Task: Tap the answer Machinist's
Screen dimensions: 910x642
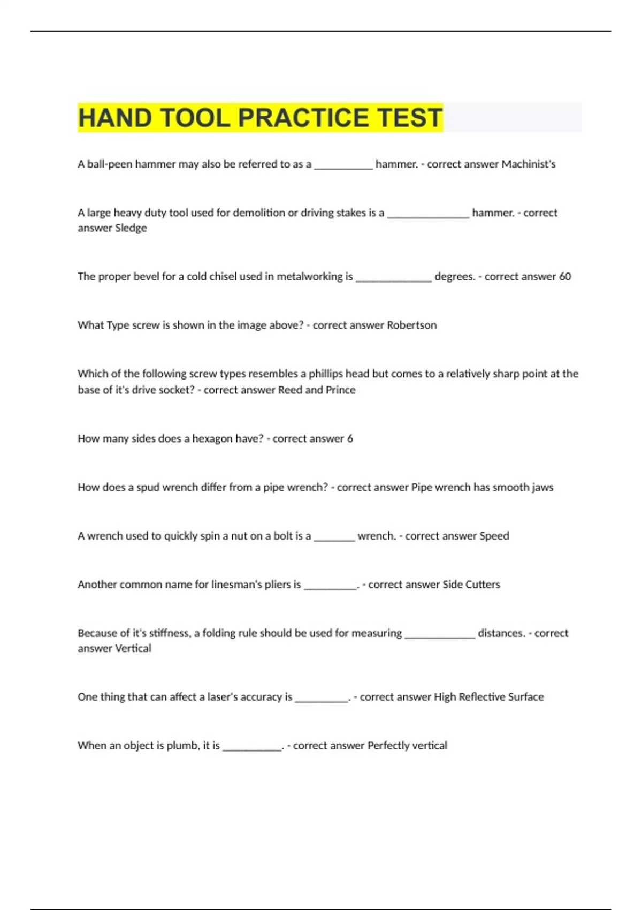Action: pos(528,164)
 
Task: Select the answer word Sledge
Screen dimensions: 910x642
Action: pos(131,228)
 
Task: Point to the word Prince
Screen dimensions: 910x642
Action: pos(340,390)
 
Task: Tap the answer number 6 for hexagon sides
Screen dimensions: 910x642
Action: pos(350,438)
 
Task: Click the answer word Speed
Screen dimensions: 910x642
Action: pos(494,536)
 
